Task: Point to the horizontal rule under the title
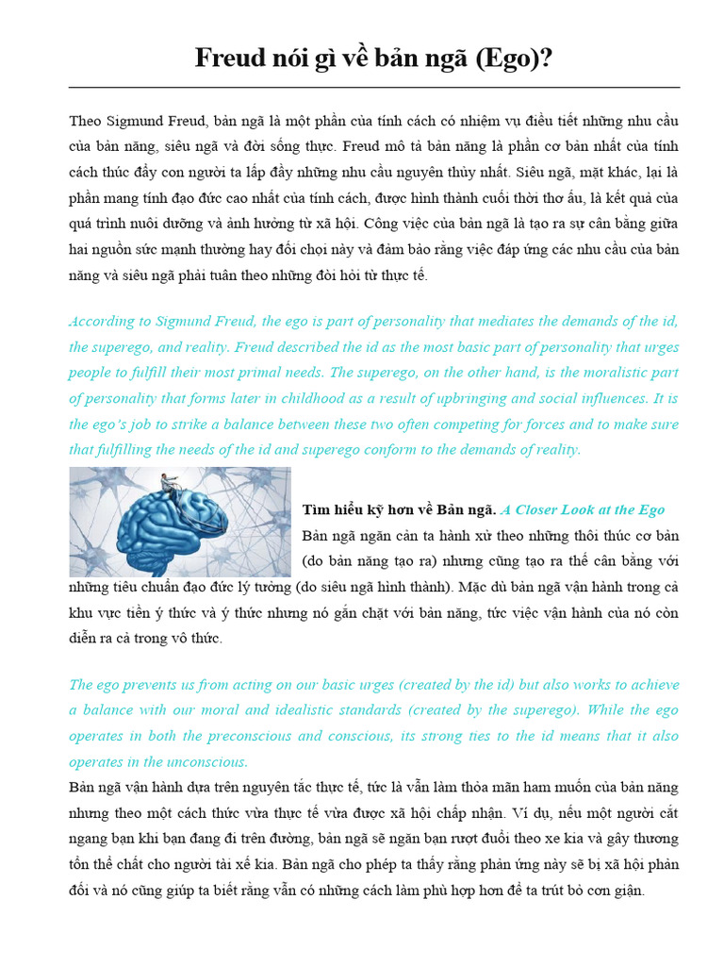coord(374,88)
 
